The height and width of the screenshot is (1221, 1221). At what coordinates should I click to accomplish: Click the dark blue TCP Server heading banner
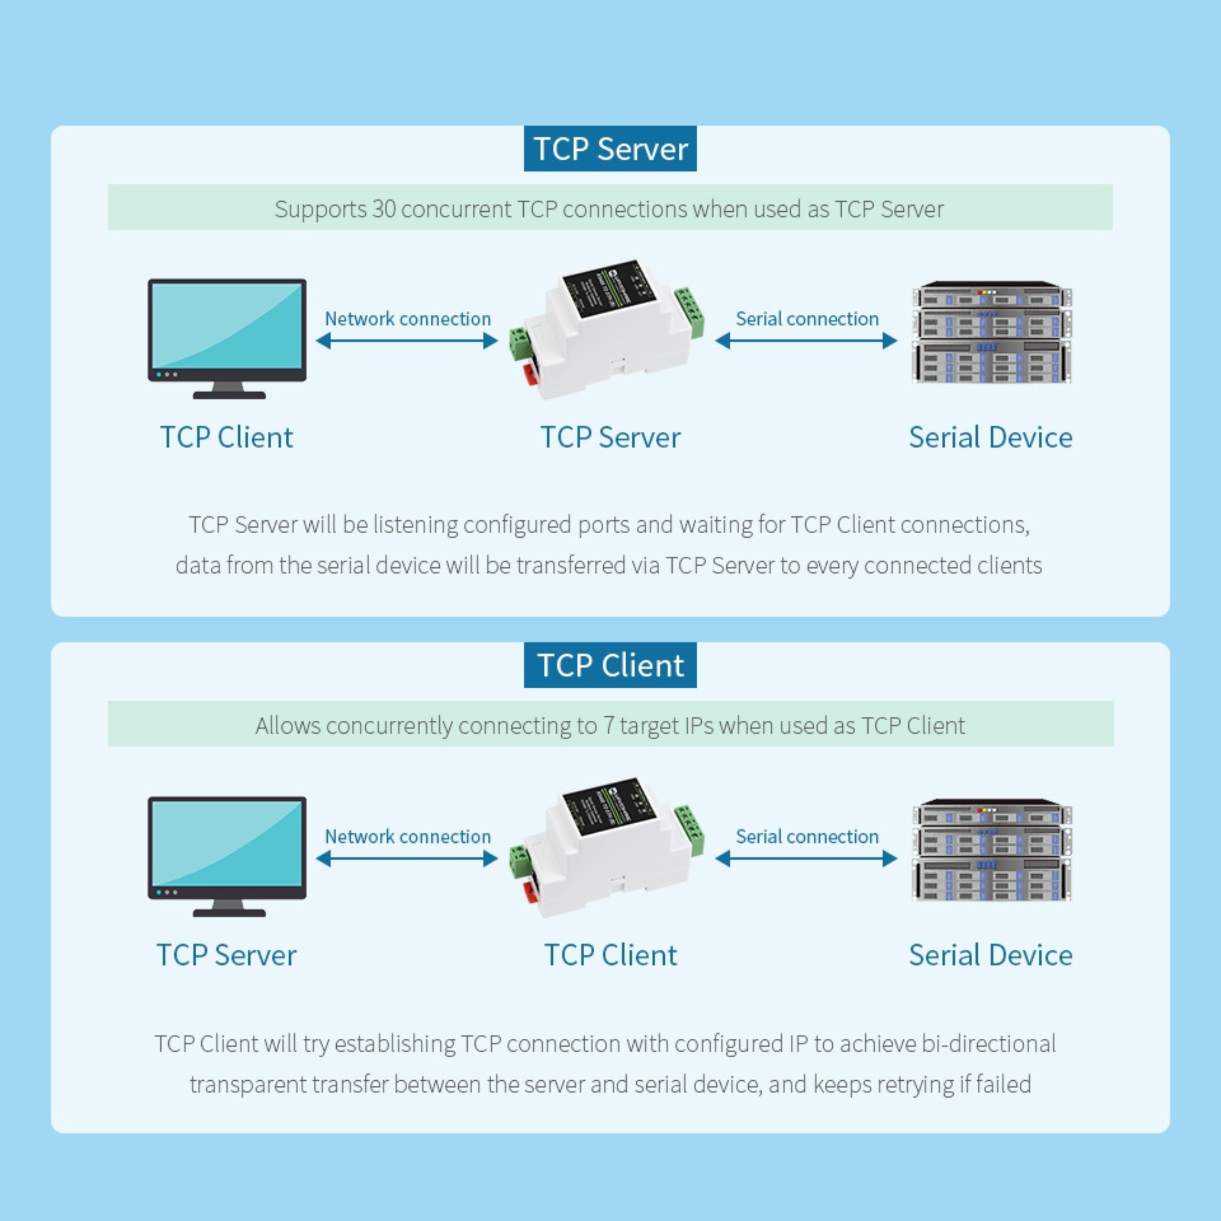coord(610,148)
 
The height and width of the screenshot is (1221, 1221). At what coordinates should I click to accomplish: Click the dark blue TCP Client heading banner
coord(610,665)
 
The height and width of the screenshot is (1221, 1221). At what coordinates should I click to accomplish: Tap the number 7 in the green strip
coord(608,725)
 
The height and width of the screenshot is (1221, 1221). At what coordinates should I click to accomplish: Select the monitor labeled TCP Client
coord(227,339)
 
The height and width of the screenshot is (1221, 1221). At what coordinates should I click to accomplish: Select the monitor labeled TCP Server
coord(227,856)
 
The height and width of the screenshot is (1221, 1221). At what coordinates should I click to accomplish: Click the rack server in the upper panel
coord(992,332)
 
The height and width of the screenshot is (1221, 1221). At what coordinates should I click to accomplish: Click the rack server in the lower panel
coord(992,849)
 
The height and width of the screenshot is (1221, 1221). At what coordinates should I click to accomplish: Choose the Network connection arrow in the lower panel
coord(407,858)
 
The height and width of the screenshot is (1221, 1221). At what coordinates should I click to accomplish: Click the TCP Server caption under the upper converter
coord(610,437)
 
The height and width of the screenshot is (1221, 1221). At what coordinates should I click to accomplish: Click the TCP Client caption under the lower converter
coord(610,955)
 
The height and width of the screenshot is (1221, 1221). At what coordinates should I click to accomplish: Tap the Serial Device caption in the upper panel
coord(990,437)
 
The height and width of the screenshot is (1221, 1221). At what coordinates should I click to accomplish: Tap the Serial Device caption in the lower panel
coord(990,955)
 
